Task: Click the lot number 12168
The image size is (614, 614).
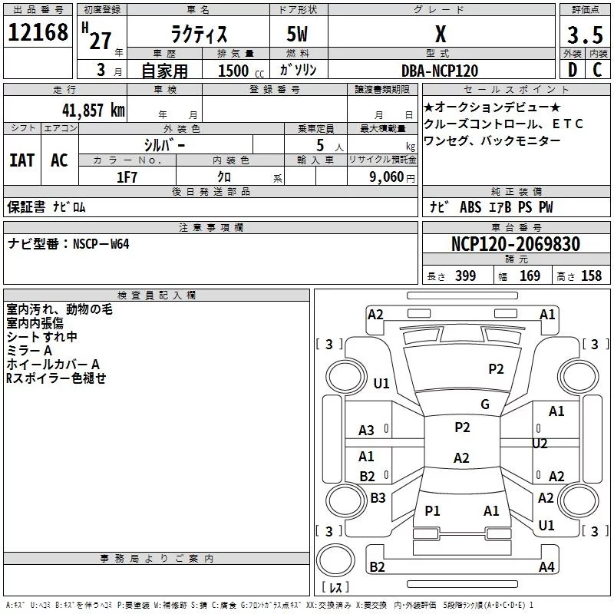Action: point(38,35)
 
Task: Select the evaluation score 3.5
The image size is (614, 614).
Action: point(583,35)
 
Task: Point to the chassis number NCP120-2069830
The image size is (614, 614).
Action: point(515,244)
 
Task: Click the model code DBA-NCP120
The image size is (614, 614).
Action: point(440,71)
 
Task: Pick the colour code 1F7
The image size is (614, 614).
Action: point(127,177)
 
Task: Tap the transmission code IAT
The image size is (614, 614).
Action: point(22,160)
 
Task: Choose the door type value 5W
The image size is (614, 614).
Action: point(299,35)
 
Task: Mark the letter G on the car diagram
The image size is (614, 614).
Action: point(485,404)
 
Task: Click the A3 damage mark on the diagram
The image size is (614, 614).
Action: point(367,431)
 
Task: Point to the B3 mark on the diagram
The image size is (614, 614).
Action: point(378,498)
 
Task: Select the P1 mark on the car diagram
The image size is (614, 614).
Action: point(433,510)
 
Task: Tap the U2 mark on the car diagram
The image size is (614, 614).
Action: point(540,444)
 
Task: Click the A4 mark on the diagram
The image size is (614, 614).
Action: point(546,567)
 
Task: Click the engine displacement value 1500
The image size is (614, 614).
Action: point(233,71)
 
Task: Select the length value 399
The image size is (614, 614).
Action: point(465,276)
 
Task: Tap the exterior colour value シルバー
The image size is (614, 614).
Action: point(164,144)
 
